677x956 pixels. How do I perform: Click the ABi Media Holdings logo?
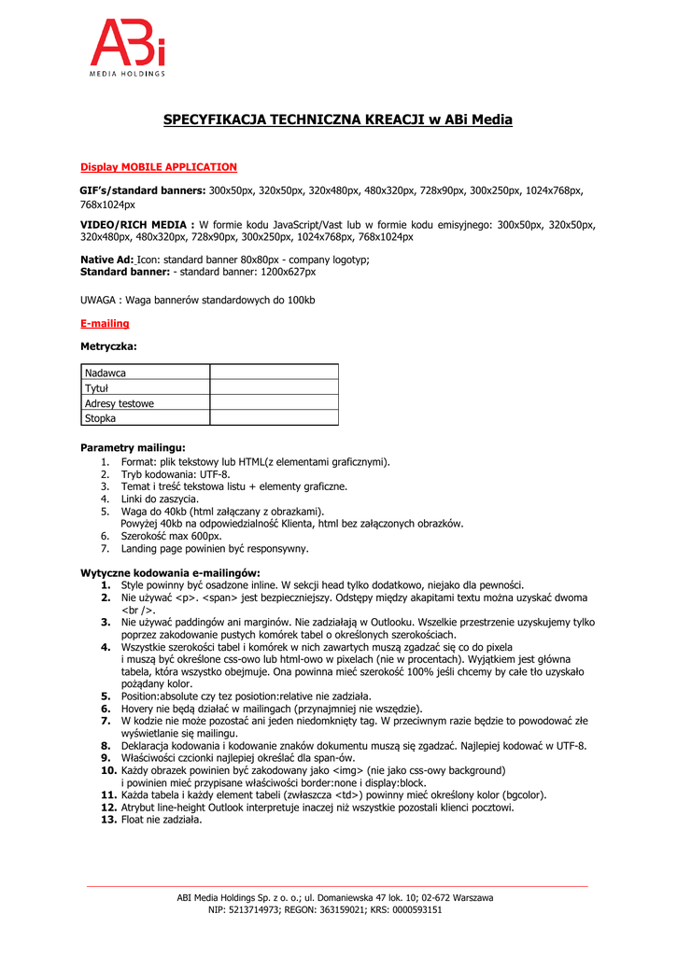tap(127, 48)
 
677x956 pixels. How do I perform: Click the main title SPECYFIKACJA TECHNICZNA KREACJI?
tap(338, 119)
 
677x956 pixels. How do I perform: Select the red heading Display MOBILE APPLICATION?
tap(159, 167)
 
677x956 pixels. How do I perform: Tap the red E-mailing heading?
tap(105, 323)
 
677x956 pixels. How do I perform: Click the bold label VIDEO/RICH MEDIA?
tap(137, 225)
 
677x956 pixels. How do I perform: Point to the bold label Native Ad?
tap(107, 260)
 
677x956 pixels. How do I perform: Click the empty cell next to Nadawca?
tap(274, 373)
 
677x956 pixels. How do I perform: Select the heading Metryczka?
tap(108, 345)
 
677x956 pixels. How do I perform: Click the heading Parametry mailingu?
tap(133, 447)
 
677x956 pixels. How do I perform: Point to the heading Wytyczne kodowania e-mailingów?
tap(170, 572)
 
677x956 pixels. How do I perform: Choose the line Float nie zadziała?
tap(162, 820)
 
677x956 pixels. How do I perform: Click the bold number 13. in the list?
tap(108, 820)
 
